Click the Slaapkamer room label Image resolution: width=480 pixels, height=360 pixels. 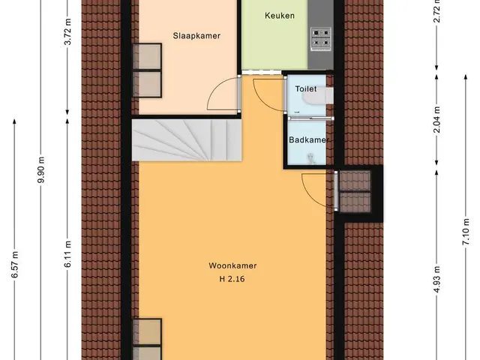coord(196,36)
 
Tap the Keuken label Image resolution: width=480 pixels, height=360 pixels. coord(280,16)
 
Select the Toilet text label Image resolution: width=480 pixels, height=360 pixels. coord(306,88)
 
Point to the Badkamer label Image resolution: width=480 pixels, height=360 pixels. coord(309,140)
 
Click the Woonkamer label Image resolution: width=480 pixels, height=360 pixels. coord(232,265)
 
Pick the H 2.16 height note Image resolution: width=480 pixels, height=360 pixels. coord(232,279)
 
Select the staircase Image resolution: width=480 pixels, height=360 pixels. coord(187,140)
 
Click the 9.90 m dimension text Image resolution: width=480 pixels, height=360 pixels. coord(41,169)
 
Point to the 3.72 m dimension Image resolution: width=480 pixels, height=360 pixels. coord(67,31)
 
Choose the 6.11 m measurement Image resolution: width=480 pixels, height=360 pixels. coord(67,253)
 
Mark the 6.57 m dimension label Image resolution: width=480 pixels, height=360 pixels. coord(15,264)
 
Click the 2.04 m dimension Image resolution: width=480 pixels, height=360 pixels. coord(436,119)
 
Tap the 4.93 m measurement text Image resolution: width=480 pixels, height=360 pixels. coord(436,279)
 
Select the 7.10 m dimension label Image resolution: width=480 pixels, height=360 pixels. coord(466,232)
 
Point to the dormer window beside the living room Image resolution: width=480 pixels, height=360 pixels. coord(355,192)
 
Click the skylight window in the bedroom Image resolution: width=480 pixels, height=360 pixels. coord(147,70)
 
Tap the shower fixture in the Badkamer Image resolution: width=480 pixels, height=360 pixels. coord(311,158)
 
